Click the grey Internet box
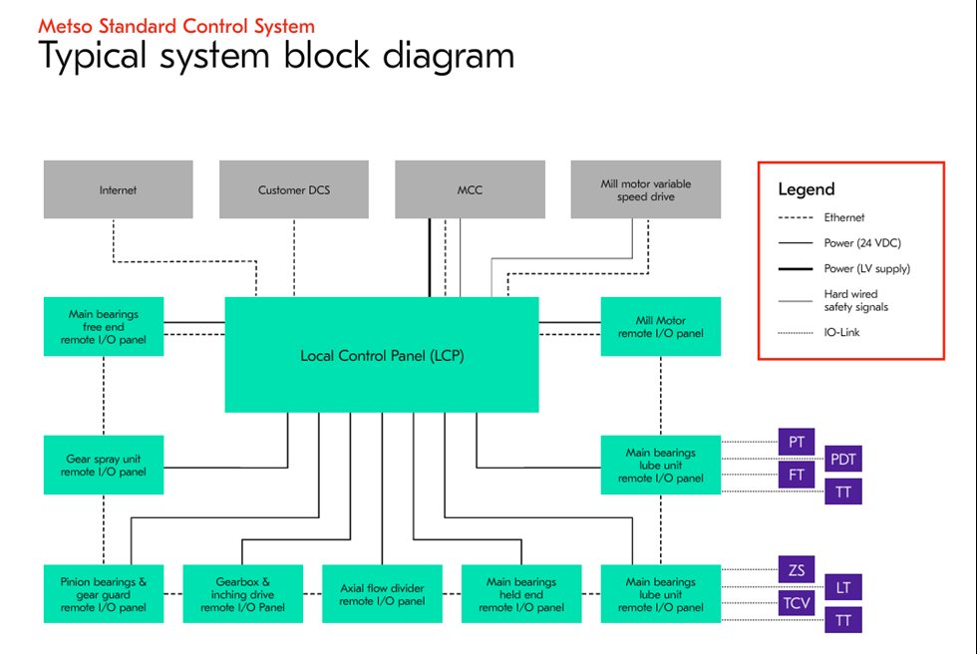[118, 189]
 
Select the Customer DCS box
[294, 189]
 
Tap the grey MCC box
[470, 189]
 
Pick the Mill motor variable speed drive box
[645, 189]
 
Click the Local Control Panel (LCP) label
[382, 355]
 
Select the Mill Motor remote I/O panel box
[661, 326]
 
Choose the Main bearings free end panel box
[104, 326]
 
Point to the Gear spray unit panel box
[104, 465]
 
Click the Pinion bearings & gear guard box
[104, 594]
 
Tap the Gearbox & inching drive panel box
[242, 594]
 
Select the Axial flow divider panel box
[382, 594]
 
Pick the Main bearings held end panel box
[521, 594]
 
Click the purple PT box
[797, 442]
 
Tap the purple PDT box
[842, 459]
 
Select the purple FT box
[797, 476]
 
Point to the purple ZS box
[797, 570]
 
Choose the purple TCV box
[797, 604]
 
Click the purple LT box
[842, 587]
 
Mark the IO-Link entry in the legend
[842, 332]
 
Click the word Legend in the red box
[807, 189]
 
